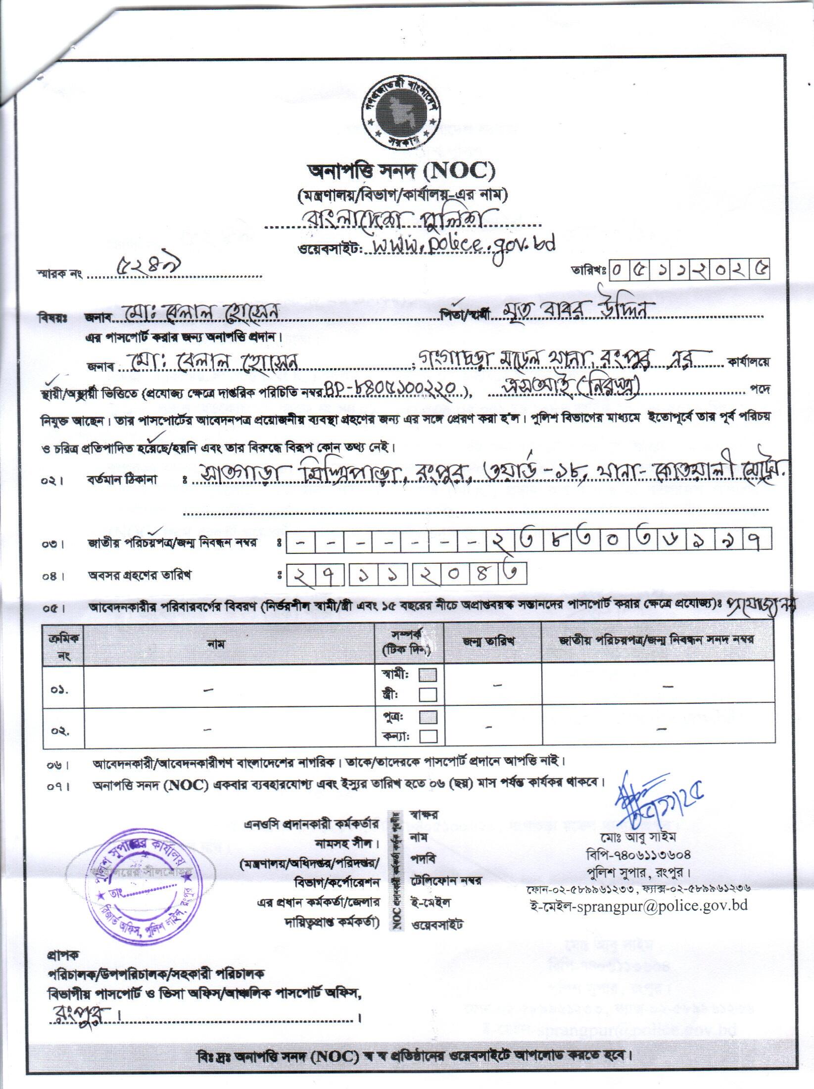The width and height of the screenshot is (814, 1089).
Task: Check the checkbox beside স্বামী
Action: click(428, 675)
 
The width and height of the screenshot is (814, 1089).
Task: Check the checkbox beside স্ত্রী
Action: click(428, 695)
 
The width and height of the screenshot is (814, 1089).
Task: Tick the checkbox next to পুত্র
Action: click(428, 717)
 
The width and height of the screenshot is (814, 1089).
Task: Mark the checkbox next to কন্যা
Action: click(428, 737)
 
